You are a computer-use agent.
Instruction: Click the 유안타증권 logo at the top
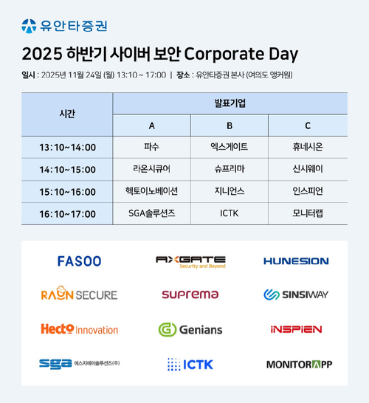64,26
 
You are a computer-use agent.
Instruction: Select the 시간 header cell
67,114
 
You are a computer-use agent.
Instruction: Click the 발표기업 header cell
230,103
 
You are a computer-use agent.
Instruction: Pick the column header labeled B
230,125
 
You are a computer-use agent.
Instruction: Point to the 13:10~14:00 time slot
67,147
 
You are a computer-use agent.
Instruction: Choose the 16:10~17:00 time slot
67,213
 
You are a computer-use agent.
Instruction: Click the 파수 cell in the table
152,147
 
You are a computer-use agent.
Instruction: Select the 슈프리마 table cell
230,169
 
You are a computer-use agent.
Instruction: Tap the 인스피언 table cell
308,191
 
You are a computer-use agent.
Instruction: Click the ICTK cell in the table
230,213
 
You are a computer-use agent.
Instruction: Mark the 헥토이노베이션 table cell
152,191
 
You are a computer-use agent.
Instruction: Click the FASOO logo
79,261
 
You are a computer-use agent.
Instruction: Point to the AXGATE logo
190,261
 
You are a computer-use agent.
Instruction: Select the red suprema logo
190,294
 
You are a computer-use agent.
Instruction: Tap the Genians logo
190,329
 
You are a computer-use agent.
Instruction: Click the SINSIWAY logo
297,294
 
